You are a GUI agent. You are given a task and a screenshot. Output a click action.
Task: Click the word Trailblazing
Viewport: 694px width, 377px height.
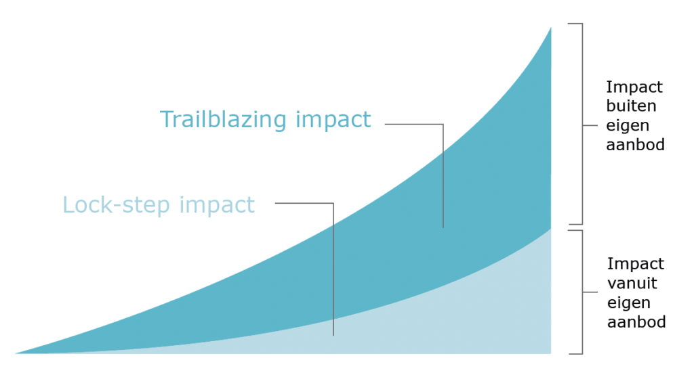[x=223, y=120]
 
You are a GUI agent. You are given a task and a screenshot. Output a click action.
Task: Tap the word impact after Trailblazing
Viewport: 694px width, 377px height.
[x=333, y=120]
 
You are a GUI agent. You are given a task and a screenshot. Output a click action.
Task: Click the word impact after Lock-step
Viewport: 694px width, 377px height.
[x=217, y=205]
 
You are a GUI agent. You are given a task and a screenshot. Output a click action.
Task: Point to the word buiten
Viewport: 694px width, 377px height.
[x=631, y=106]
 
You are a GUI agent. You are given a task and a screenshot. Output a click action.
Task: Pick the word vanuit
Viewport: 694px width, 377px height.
[x=632, y=283]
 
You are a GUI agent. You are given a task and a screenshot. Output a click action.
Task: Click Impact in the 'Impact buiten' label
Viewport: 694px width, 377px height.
[x=634, y=87]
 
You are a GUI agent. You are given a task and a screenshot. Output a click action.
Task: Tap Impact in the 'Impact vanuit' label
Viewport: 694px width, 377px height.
[x=636, y=264]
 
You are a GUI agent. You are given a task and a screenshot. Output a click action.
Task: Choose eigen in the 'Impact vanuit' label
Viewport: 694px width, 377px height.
[x=628, y=303]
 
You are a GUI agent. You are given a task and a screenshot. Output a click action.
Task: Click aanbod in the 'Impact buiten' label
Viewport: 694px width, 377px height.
[x=636, y=145]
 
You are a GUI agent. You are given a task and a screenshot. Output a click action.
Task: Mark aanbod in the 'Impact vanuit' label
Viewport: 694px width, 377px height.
[x=636, y=321]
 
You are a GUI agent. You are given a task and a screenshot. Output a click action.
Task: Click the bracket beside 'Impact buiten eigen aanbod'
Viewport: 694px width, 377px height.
[x=582, y=125]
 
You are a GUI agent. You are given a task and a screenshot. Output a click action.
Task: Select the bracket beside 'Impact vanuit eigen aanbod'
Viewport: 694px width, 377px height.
[x=582, y=292]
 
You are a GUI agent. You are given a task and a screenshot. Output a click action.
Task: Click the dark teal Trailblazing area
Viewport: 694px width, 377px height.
[x=487, y=199]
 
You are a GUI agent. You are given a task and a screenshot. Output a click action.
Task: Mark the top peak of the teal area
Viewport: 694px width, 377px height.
[x=551, y=27]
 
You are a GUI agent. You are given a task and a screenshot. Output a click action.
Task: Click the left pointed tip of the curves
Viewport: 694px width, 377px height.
[x=16, y=353]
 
